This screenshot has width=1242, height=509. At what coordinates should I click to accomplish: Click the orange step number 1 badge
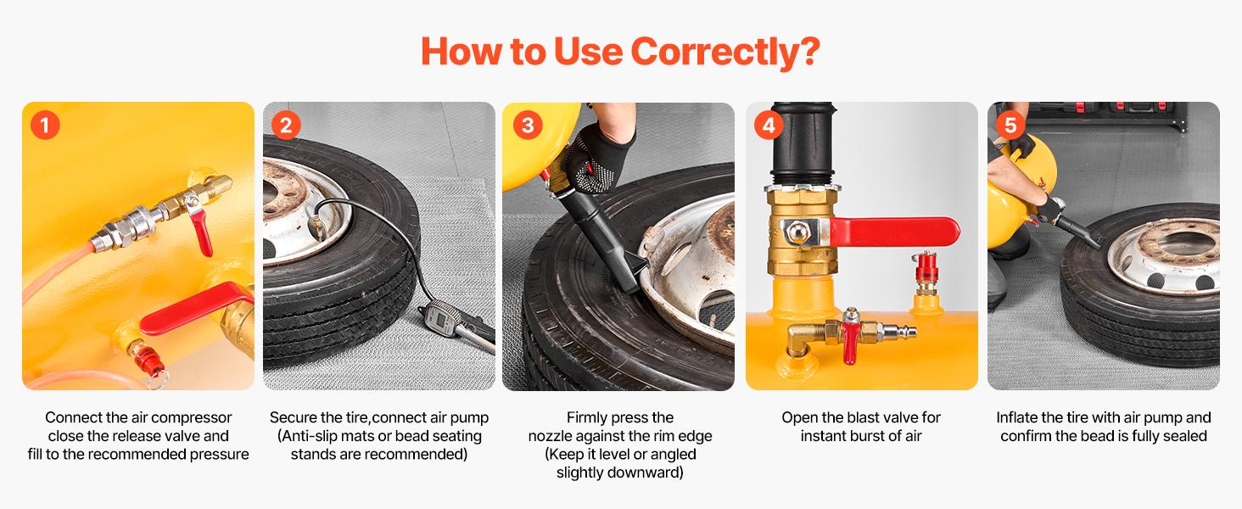point(45,126)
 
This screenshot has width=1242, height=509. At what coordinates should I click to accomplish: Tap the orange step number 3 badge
point(528,126)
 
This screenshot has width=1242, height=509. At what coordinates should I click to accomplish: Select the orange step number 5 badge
point(1010,126)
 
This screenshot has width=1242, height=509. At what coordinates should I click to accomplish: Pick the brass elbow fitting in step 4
point(800,343)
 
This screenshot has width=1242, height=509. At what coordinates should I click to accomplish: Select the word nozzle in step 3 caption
point(552,436)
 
